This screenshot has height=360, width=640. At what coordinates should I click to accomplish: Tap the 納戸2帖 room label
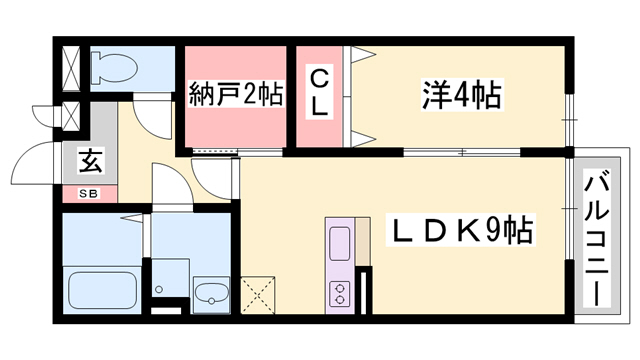235,96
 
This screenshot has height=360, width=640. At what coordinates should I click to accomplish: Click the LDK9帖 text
461,234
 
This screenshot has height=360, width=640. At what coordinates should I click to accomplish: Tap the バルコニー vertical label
597,236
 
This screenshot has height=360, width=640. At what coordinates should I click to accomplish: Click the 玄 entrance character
89,161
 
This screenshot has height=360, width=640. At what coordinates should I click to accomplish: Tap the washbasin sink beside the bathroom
209,294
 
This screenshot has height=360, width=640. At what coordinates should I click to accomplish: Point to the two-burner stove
339,294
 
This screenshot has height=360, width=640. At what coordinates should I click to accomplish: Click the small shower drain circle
159,290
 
